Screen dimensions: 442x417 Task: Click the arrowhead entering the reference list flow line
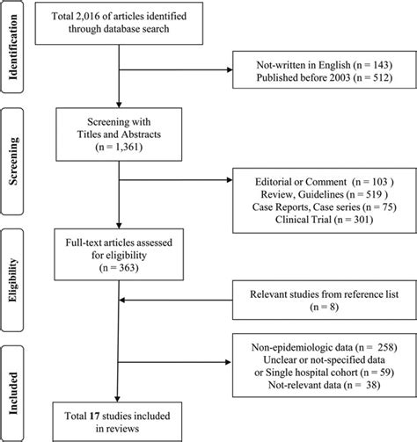tap(124, 301)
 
